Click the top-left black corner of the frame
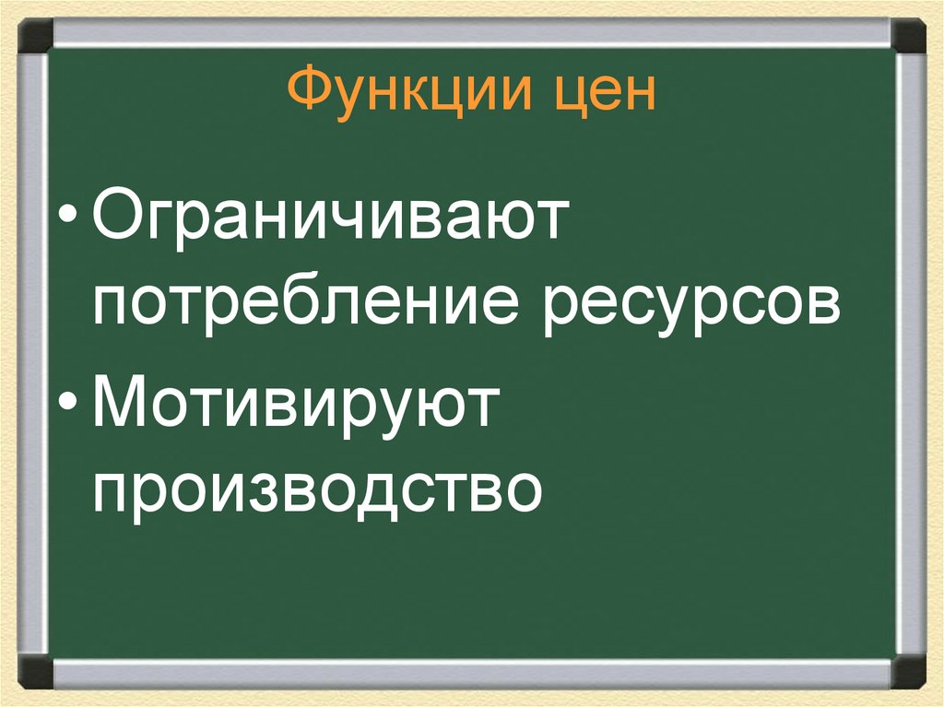[x=36, y=36]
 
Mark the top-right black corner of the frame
[x=908, y=36]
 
